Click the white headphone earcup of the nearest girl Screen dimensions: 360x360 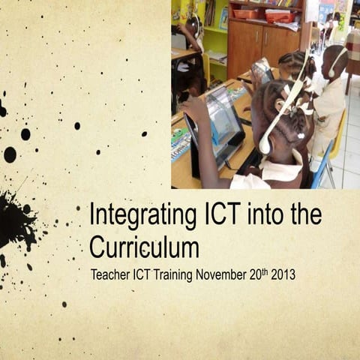point(265,143)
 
